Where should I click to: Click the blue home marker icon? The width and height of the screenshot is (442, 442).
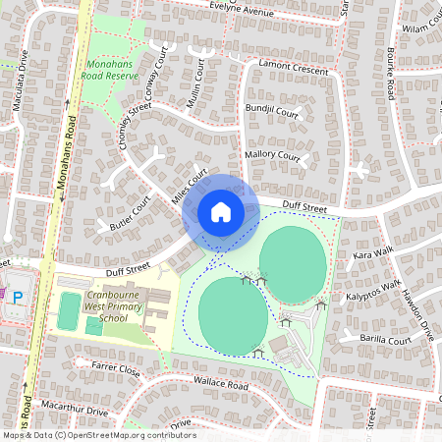(x=221, y=212)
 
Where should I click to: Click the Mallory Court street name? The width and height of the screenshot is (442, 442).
(x=273, y=155)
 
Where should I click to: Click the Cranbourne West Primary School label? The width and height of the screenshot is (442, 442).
(x=120, y=305)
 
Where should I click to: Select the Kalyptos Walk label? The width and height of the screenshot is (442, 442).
(x=373, y=292)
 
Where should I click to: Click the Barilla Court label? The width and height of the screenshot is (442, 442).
(x=386, y=340)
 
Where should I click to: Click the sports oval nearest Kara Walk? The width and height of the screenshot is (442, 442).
(x=293, y=263)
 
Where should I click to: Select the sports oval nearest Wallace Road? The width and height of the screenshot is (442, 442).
(x=233, y=314)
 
